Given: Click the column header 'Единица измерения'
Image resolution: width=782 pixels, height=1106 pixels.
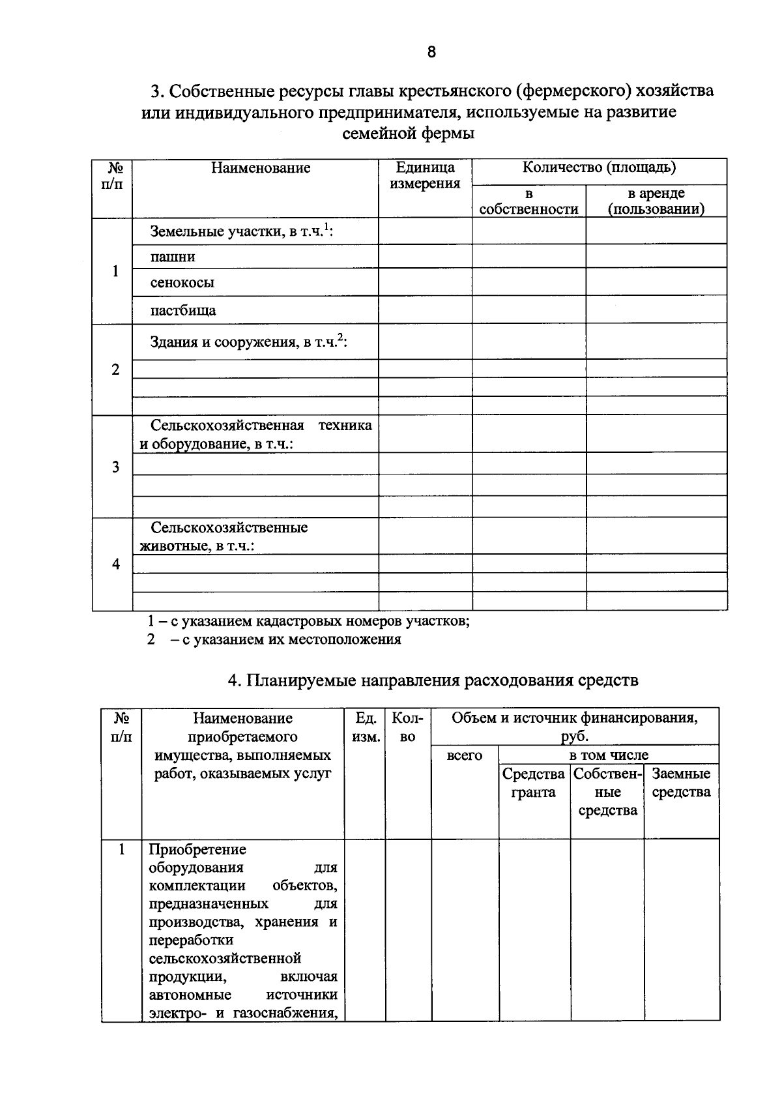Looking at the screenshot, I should pos(425,175).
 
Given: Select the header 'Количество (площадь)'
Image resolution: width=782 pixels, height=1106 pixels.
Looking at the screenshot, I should pos(599,167).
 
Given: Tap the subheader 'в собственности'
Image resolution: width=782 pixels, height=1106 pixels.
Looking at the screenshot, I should pos(529,201).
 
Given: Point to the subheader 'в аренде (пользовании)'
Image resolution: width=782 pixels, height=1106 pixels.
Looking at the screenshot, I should pos(656,201).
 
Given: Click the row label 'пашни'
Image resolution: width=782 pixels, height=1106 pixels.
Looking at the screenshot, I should pos(173,257).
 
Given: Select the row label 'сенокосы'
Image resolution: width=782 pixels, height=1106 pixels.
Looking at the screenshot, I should pos(182,283).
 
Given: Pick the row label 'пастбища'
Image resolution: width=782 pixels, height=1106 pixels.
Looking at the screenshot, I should pos(183,310).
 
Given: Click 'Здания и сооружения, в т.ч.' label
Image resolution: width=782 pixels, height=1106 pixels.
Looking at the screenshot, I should pos(248,342).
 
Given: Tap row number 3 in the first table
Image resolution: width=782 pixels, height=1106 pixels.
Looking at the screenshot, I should pos(115,467).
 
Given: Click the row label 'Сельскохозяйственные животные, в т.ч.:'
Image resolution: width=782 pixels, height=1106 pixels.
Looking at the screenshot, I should pos(228,536).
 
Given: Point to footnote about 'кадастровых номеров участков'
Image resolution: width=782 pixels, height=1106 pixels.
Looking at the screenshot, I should pos(308,620).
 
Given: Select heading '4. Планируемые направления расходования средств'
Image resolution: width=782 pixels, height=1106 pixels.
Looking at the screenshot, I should pos(433,680).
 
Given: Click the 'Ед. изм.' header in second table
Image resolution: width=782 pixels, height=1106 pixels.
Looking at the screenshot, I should pos(366,727).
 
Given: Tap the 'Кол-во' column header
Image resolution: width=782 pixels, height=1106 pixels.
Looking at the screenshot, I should pos(408,727).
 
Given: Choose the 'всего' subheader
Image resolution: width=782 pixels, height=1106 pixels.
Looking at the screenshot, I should pos(465,756).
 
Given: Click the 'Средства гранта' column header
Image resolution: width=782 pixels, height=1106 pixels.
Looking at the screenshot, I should pos(534,783).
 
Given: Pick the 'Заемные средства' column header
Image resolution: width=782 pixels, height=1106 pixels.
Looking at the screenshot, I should pos(681,783).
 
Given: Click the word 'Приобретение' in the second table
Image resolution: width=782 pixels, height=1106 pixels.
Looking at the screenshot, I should pos(197,850).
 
